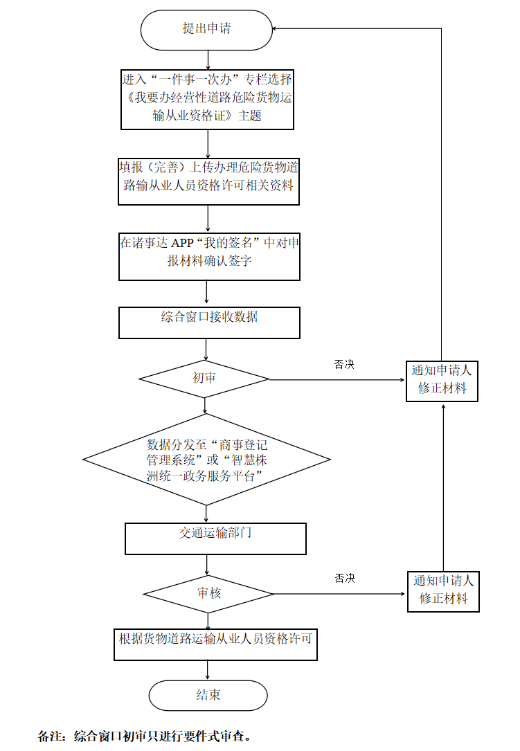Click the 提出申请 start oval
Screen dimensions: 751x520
click(206, 30)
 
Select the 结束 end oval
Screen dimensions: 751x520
click(208, 695)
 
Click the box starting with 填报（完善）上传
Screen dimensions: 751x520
click(208, 181)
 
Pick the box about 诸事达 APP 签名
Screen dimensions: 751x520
click(209, 255)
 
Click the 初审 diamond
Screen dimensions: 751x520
click(204, 379)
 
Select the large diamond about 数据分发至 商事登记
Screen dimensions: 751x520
click(206, 460)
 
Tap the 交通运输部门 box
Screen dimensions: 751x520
click(215, 539)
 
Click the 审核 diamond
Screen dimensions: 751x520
click(208, 594)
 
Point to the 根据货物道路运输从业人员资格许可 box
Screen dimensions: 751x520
click(215, 644)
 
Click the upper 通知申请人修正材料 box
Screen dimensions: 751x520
click(442, 380)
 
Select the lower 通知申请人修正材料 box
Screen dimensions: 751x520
click(443, 590)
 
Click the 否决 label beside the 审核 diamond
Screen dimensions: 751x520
click(345, 578)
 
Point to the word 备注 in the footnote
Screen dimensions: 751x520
click(50, 736)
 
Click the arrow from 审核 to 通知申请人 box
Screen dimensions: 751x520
click(339, 594)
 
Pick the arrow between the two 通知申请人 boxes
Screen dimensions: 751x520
click(442, 485)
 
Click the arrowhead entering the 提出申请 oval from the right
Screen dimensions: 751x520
click(277, 28)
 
